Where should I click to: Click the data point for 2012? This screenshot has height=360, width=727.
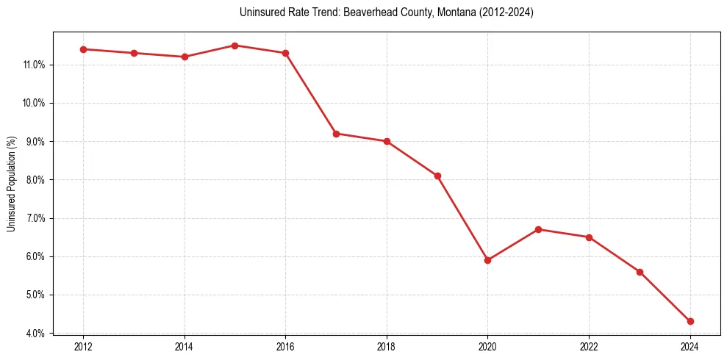point(83,49)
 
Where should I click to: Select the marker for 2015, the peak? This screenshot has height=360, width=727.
point(234,46)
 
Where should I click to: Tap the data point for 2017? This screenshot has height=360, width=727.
point(336,134)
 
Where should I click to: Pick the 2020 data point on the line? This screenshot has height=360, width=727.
point(487,260)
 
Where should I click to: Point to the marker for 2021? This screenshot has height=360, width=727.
point(538,229)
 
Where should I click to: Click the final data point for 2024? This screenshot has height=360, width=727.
point(690,321)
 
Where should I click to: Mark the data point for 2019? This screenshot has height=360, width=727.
point(437,176)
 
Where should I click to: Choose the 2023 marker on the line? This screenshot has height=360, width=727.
point(640,272)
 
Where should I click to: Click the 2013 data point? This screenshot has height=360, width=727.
point(134,53)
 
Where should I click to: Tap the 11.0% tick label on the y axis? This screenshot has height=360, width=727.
point(34,65)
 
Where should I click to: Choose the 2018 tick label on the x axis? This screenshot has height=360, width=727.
point(387,347)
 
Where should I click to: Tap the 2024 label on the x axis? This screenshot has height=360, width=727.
point(690,347)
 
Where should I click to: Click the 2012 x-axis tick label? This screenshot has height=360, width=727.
point(83,347)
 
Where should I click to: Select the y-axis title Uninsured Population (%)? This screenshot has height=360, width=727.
point(11,184)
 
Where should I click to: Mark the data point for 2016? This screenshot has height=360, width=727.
point(285,53)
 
